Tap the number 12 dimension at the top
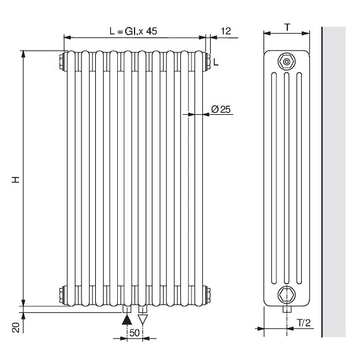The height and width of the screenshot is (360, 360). (226, 31)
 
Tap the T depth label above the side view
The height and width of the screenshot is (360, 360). (287, 26)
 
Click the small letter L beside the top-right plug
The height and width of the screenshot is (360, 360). (215, 62)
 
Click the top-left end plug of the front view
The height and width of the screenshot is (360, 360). (62, 60)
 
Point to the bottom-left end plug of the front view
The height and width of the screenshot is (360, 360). (62, 293)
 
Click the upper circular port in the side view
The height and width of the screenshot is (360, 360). (287, 61)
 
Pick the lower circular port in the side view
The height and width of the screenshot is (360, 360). (287, 293)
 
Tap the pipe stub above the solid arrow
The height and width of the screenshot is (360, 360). (126, 309)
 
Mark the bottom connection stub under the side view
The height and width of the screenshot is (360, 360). (287, 310)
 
